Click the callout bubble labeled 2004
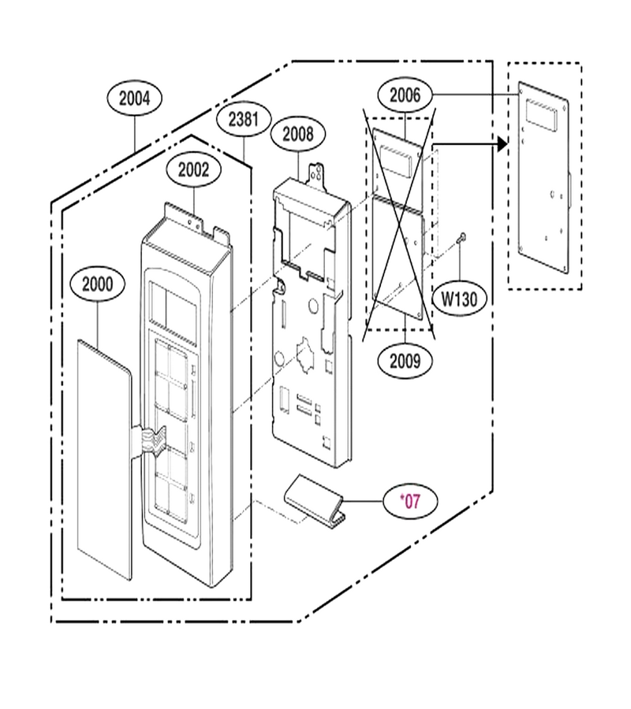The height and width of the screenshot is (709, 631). point(134,98)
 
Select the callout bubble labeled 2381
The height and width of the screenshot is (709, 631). point(244,120)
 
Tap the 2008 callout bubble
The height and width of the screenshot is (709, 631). point(298,134)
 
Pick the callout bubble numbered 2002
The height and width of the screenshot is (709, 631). point(194,170)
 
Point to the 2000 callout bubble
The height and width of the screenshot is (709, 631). point(98,284)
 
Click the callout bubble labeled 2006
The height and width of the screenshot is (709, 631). point(405,95)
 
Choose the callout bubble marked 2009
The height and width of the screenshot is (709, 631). point(405,361)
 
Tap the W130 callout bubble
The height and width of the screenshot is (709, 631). point(459,299)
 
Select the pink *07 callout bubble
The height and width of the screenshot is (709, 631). point(410,501)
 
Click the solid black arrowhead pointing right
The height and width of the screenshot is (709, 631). point(502,144)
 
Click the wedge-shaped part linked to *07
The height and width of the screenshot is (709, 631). point(315,500)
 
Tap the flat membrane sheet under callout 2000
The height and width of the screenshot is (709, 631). point(104,459)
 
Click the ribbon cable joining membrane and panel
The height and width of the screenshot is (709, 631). point(147,439)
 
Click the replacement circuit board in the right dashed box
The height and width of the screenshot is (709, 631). point(543,178)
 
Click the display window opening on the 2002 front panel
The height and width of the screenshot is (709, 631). point(173,305)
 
